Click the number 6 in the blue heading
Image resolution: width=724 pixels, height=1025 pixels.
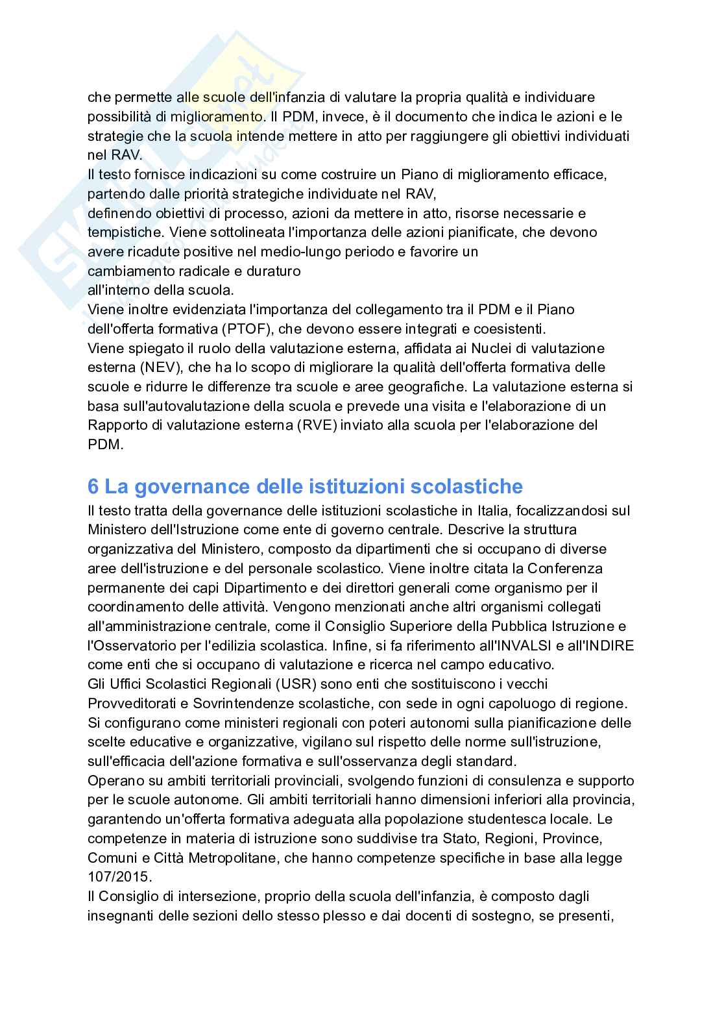[x=94, y=486]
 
